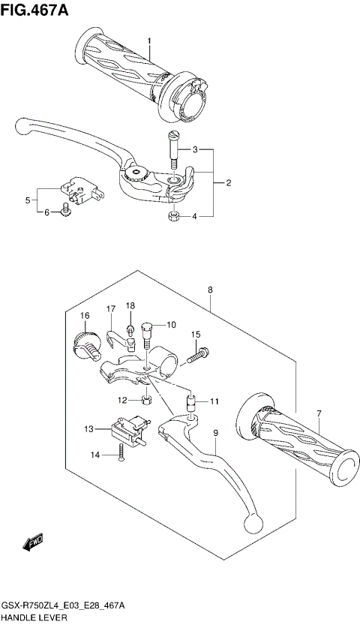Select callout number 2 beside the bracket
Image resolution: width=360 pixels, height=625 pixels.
click(x=228, y=182)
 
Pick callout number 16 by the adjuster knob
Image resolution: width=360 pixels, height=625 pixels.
click(x=85, y=315)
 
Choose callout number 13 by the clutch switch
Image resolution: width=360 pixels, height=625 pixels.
click(x=89, y=429)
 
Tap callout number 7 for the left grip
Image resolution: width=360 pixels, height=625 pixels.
click(x=318, y=414)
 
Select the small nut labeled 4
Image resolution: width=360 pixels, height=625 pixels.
click(x=172, y=217)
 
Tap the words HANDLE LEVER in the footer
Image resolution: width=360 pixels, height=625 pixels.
click(x=34, y=617)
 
